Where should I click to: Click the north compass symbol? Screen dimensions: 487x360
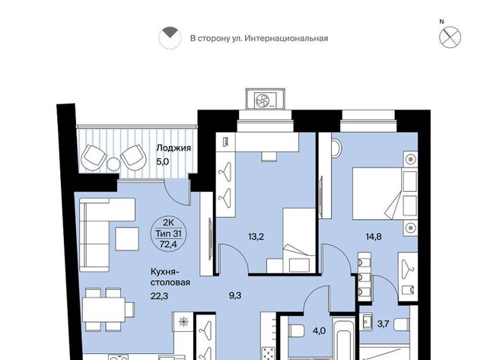click(x=450, y=37)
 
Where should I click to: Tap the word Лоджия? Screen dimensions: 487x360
click(x=173, y=148)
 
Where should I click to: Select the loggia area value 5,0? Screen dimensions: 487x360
click(x=162, y=162)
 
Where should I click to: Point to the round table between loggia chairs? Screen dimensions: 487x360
click(x=113, y=163)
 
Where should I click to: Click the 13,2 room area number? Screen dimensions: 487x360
click(x=256, y=237)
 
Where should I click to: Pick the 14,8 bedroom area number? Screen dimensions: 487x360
click(x=374, y=237)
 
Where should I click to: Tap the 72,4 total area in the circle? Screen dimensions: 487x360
click(x=168, y=244)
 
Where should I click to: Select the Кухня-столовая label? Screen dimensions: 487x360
click(x=170, y=277)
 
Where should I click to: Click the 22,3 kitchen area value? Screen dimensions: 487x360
click(x=159, y=296)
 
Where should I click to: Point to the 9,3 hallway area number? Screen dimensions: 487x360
click(x=235, y=296)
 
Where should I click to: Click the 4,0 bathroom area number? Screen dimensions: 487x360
click(x=319, y=331)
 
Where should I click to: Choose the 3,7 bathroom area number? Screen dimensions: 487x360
click(x=383, y=324)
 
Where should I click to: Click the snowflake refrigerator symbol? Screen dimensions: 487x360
click(x=183, y=322)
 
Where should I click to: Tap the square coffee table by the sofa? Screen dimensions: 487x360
click(x=127, y=239)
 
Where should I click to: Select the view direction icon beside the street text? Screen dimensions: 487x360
click(x=170, y=38)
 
